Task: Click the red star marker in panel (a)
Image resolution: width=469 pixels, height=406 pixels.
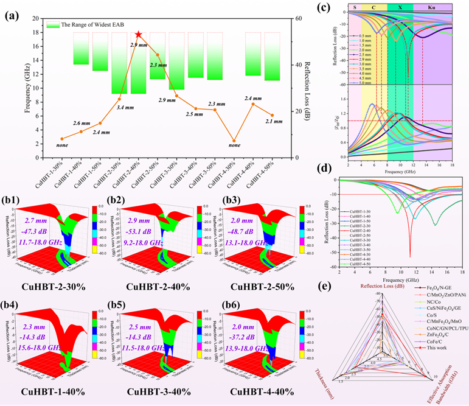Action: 139,35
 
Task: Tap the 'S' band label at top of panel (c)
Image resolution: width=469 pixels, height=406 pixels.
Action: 354,7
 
